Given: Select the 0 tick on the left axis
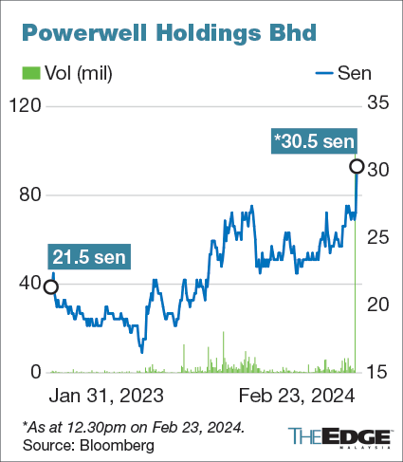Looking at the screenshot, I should pos(36,372).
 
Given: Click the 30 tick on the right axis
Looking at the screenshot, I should pos(379,169).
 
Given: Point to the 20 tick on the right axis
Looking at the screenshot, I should pos(379,305).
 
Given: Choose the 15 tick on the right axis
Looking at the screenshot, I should pos(379,372).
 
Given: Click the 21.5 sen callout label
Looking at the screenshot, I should pos(90,257).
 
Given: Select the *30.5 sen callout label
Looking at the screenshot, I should pos(314,142).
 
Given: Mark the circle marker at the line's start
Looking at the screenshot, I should pos(50,286).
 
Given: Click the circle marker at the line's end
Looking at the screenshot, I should pos(357,167).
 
